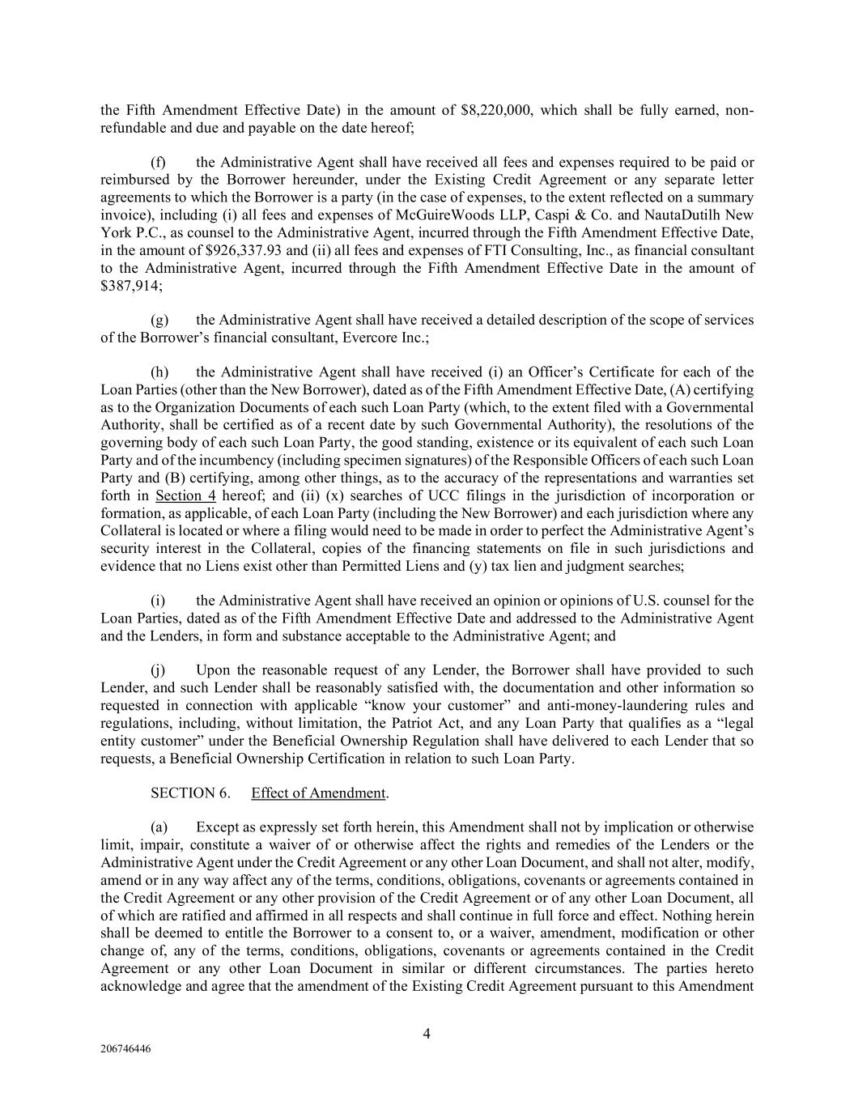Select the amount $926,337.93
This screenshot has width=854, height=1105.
coord(244,250)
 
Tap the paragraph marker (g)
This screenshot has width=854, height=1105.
coord(159,321)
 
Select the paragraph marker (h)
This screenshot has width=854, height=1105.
coord(159,372)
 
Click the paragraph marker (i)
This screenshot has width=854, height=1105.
coord(159,601)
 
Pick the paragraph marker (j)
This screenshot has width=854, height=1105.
coord(159,670)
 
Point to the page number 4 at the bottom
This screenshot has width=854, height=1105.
coord(427,1033)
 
